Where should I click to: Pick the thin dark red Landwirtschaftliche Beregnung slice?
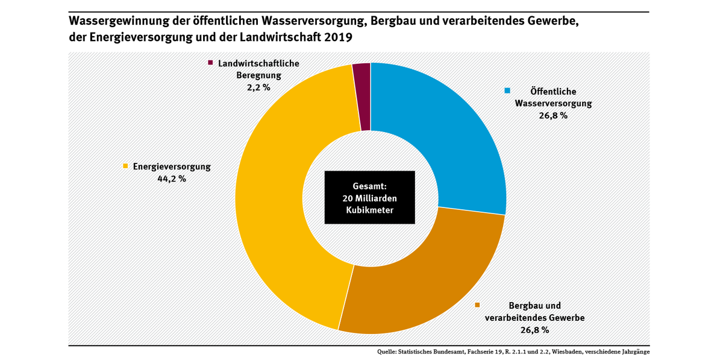pyautogui.click(x=361, y=96)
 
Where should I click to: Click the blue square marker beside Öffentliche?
pyautogui.click(x=507, y=91)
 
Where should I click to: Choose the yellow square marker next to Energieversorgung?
pyautogui.click(x=125, y=166)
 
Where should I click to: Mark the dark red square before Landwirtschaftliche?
pyautogui.click(x=210, y=63)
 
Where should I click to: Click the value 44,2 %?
pyautogui.click(x=171, y=178)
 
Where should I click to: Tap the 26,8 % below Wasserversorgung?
pyautogui.click(x=552, y=115)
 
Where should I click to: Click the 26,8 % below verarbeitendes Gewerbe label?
pyautogui.click(x=534, y=330)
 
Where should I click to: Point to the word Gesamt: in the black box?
pyautogui.click(x=370, y=186)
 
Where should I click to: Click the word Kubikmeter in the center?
pyautogui.click(x=370, y=210)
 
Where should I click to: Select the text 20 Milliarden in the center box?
pyautogui.click(x=370, y=198)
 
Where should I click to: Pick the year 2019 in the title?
pyautogui.click(x=338, y=37)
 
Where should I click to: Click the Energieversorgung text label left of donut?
pyautogui.click(x=172, y=166)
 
